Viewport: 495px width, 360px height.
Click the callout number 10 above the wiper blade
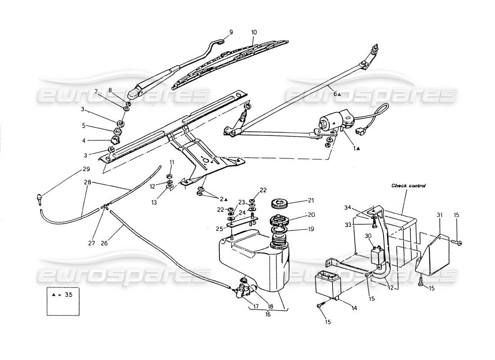pos(254,32)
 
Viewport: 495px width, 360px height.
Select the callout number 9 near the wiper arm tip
pos(231,32)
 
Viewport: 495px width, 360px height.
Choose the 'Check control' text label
pos(408,185)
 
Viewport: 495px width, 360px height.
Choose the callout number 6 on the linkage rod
pos(334,94)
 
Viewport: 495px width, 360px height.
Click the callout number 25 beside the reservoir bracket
pos(220,229)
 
